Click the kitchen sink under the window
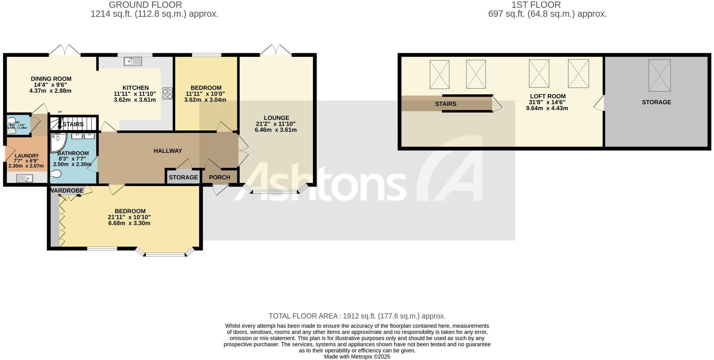[133, 61]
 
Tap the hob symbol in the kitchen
[167, 94]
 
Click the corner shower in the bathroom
[58, 142]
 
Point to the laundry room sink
[24, 179]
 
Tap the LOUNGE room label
[276, 118]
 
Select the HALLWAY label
[168, 150]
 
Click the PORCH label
[219, 177]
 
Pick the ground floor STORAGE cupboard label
[183, 177]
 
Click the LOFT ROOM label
[547, 96]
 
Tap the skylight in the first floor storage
[659, 75]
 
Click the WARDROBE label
[67, 191]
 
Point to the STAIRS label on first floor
[446, 104]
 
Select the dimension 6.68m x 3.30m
[129, 223]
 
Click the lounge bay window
[275, 192]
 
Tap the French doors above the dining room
[65, 50]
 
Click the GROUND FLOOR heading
[145, 5]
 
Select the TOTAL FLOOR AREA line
[357, 316]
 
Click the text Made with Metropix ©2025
[357, 356]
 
